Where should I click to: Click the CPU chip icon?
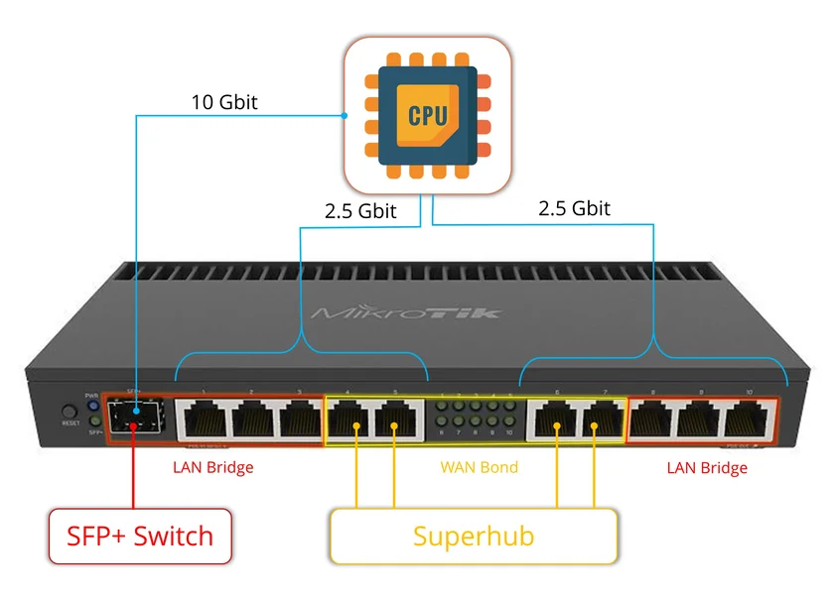point(428,115)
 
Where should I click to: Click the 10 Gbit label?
point(224,102)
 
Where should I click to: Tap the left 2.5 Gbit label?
point(359,211)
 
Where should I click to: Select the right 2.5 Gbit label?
point(574,208)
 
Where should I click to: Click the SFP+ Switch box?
point(140,537)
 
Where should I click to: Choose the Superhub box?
point(474,537)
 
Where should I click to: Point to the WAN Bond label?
point(479,467)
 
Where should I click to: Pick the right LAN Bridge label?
point(707,467)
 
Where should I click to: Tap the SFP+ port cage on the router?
point(136,418)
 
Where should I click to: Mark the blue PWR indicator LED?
point(93,406)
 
